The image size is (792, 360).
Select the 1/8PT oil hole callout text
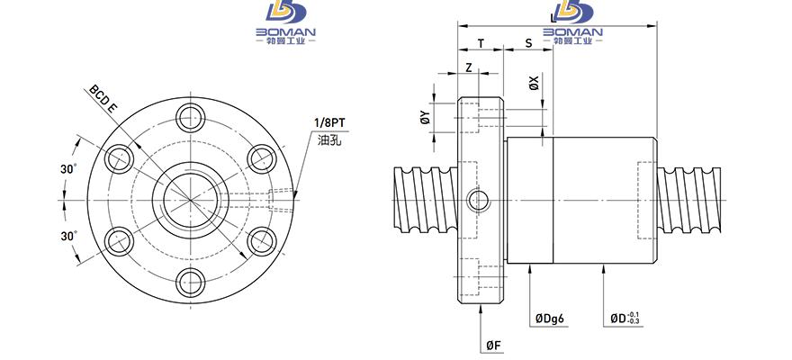coord(329,123)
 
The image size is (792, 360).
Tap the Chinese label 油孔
coord(329,139)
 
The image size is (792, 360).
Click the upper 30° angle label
coord(68,169)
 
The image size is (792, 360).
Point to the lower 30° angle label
coord(68,236)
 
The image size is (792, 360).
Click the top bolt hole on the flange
coord(191,118)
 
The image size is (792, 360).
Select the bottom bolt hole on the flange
coord(191,283)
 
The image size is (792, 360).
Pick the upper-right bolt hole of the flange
coord(263,159)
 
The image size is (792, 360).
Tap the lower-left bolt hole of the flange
coord(119,242)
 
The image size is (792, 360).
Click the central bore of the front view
coord(191,201)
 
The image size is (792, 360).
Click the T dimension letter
coord(481,44)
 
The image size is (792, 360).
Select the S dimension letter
coord(528,44)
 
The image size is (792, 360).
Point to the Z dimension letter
coord(469,67)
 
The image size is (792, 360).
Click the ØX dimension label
coord(534,83)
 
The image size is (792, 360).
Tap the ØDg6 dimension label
coord(550,319)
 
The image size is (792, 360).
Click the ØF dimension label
coord(494,346)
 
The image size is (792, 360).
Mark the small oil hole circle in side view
coord(478,201)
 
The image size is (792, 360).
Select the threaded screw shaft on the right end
coord(689,201)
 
